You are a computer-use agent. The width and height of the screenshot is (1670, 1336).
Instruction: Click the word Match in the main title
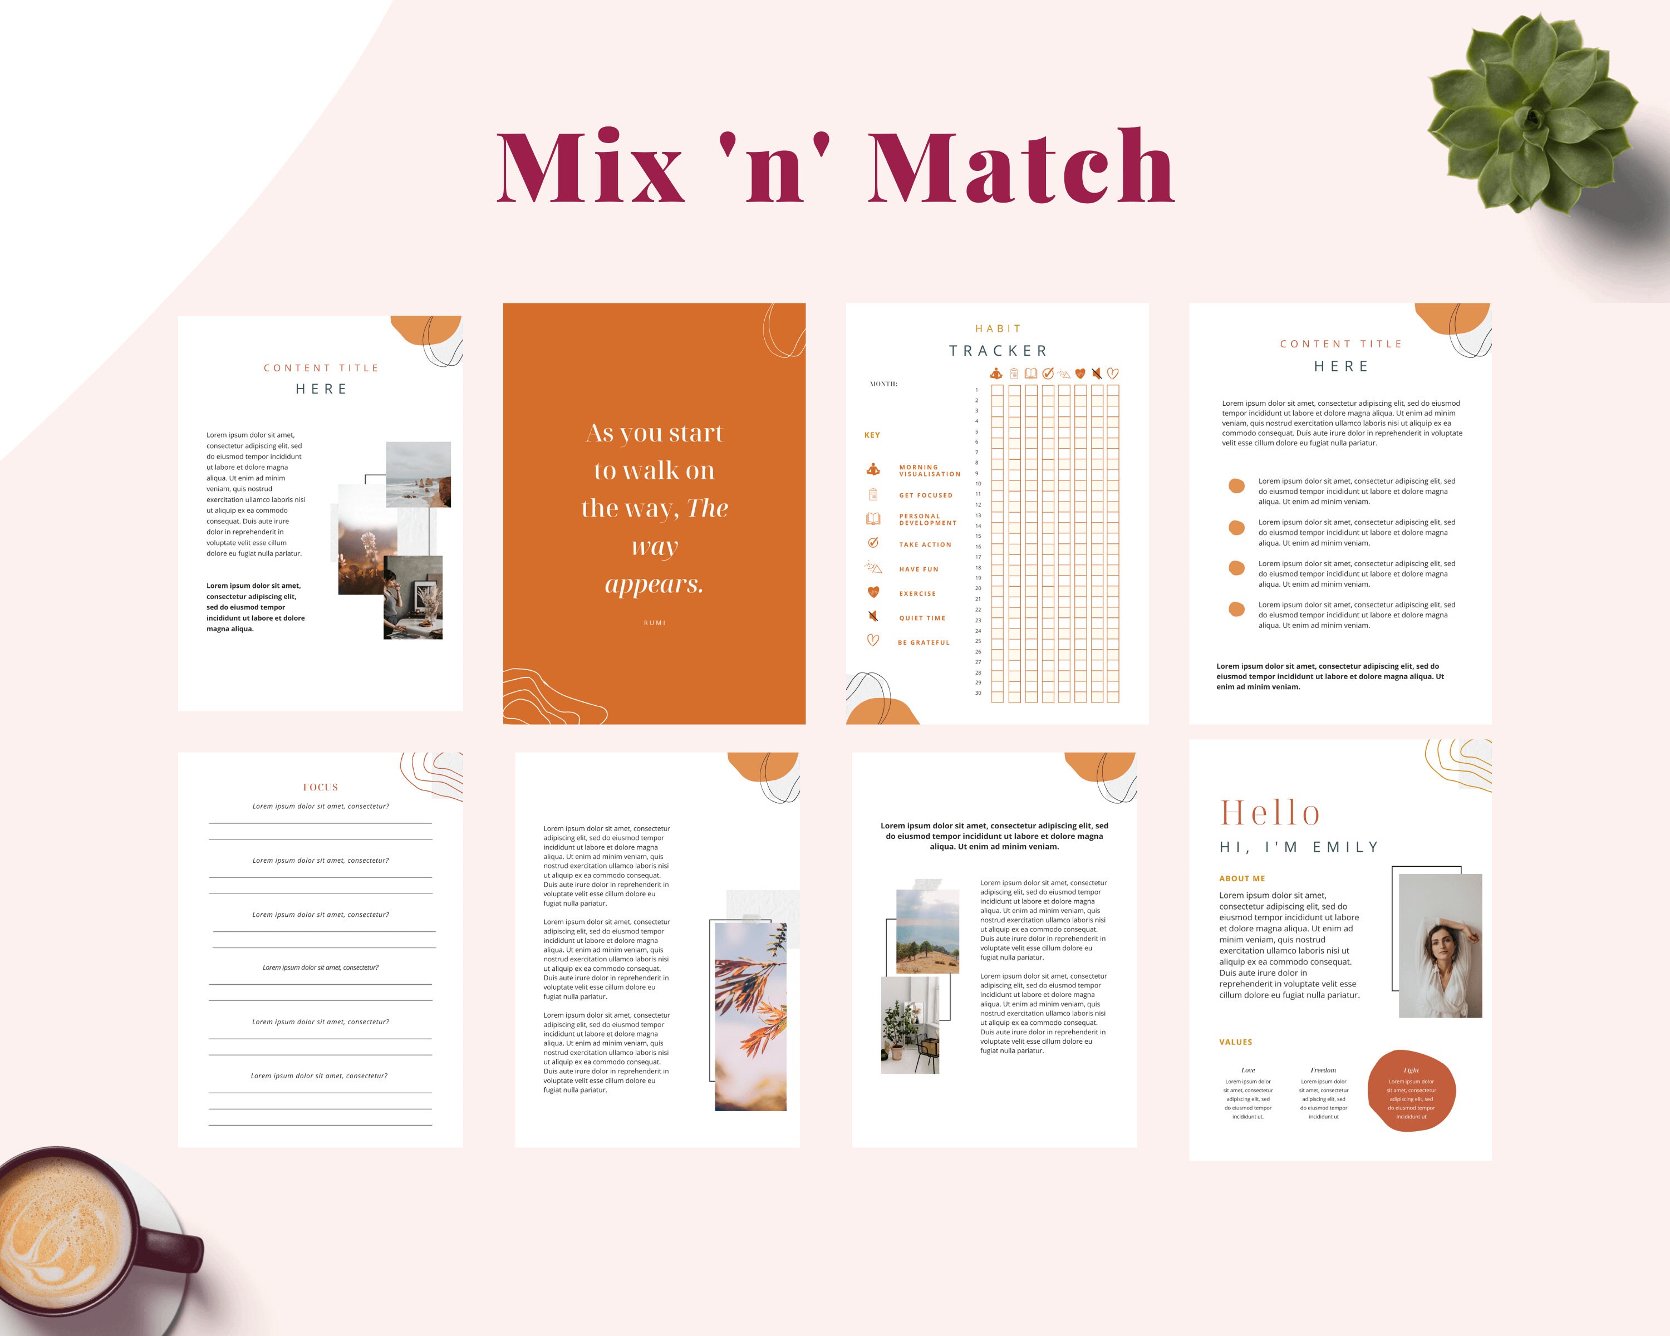coord(1021,166)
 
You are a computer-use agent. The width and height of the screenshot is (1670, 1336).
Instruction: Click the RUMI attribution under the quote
coord(655,623)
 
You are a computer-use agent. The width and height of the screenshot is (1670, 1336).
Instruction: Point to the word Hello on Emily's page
coord(1270,813)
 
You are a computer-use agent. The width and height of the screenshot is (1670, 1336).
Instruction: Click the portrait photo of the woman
coord(1440,945)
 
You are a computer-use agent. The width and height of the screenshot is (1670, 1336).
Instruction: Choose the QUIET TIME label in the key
coord(922,618)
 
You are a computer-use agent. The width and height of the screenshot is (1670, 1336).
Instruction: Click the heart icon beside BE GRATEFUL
coord(873,641)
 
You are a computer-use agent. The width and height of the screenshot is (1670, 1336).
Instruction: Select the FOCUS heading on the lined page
coord(321,787)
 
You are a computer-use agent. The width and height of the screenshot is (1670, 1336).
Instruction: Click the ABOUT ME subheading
coord(1242,878)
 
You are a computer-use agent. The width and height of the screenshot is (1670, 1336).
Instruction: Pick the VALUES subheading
coord(1235,1042)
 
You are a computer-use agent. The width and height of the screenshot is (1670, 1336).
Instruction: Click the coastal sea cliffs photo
coord(418,474)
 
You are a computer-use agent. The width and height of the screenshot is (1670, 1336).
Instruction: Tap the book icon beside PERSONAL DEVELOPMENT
coord(873,519)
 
